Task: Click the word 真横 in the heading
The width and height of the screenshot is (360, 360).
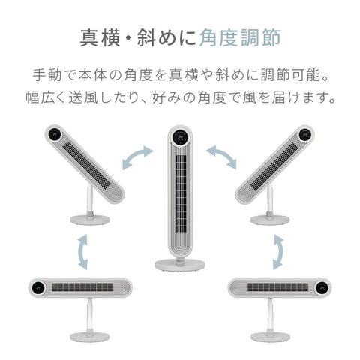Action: (x=96, y=38)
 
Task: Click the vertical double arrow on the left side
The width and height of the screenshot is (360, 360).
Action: (x=82, y=250)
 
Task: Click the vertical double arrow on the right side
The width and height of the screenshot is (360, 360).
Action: (x=278, y=250)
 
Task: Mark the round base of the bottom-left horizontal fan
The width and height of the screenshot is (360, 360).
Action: (x=88, y=337)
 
